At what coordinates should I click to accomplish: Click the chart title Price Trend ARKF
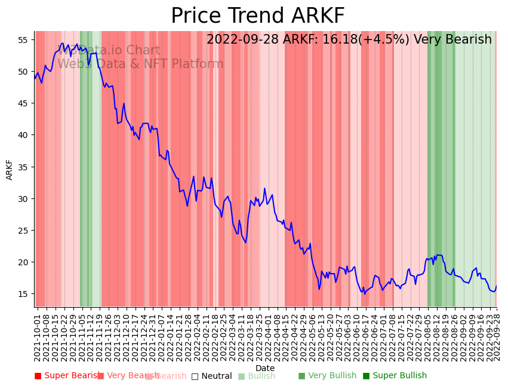click(x=257, y=16)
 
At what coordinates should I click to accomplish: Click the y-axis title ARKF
click(x=10, y=169)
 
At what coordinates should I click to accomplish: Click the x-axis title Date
click(x=265, y=369)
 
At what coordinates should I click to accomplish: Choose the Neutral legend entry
click(x=211, y=376)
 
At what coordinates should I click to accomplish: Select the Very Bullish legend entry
click(x=327, y=376)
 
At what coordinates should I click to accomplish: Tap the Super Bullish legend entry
click(x=395, y=376)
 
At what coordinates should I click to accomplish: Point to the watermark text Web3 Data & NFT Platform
click(x=140, y=64)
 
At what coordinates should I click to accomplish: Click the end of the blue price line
click(x=496, y=286)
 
